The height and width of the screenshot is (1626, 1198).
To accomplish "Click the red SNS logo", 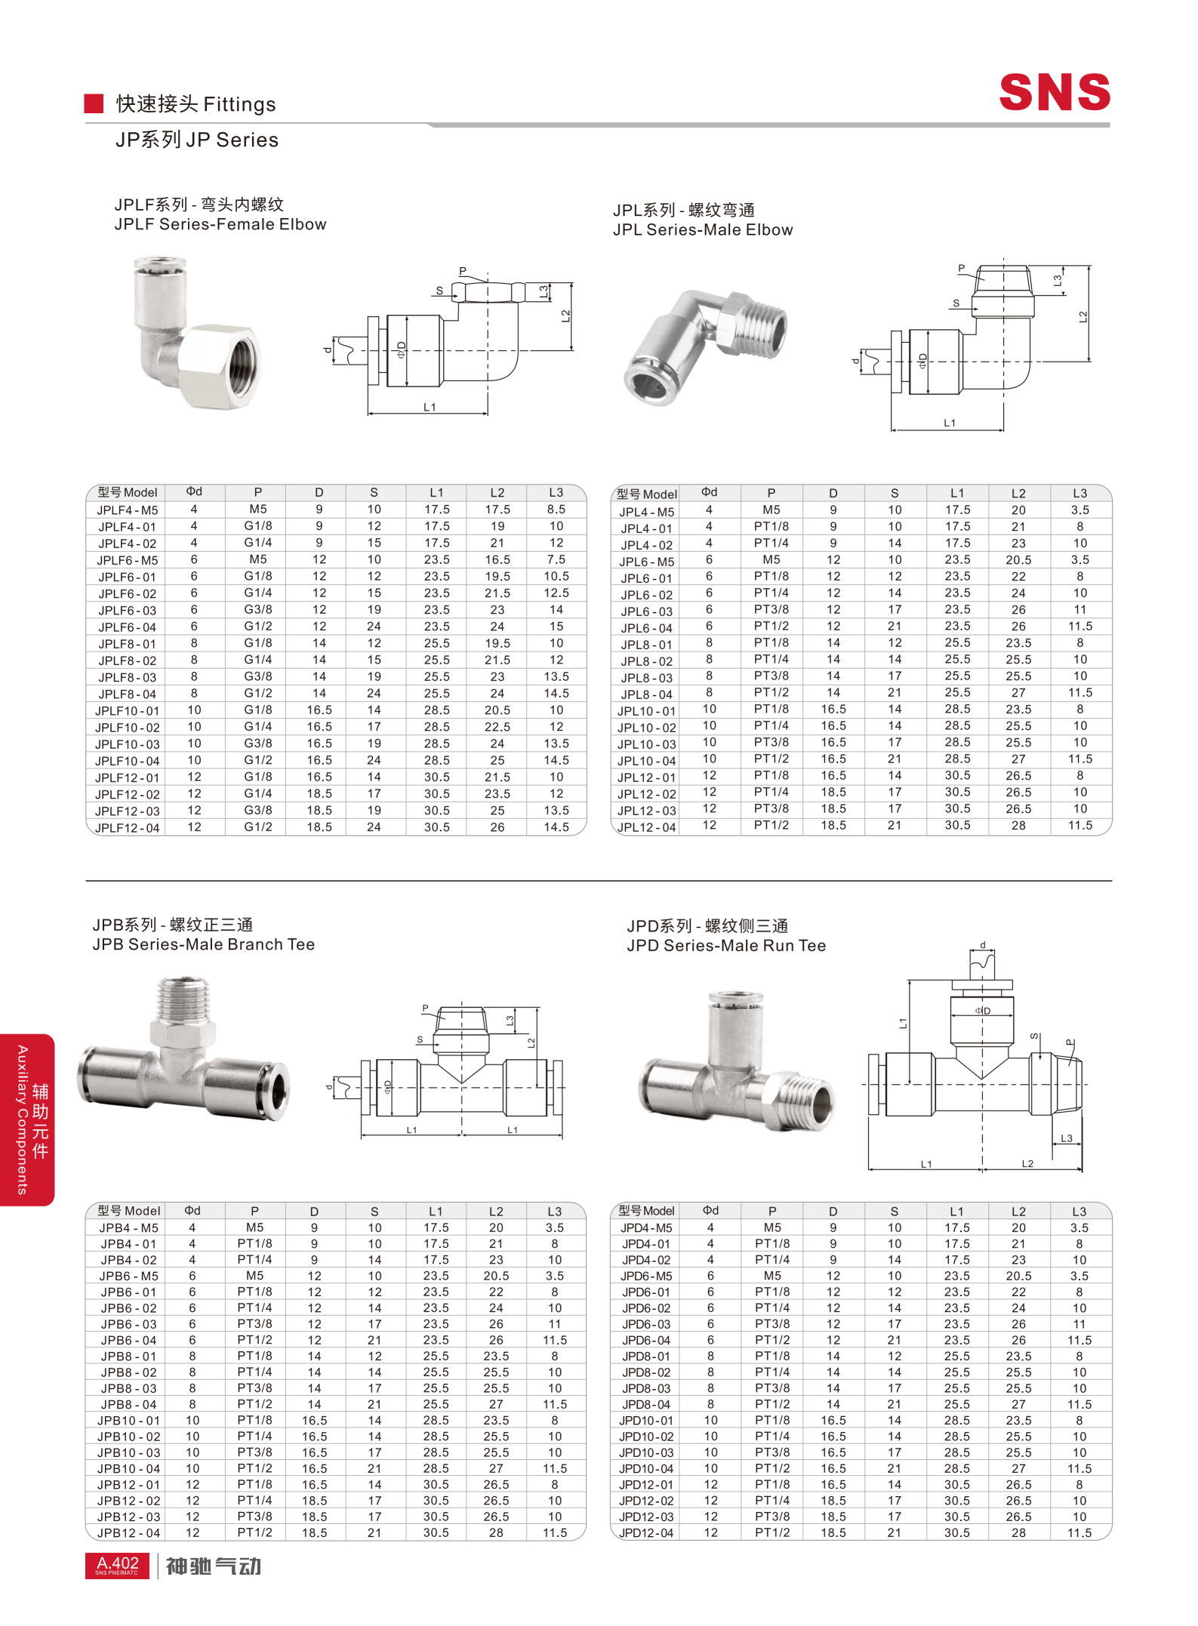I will click(x=1054, y=92).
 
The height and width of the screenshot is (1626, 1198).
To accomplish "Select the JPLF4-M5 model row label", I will click(x=127, y=510).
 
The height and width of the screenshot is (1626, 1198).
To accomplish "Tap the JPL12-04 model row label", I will click(x=646, y=827).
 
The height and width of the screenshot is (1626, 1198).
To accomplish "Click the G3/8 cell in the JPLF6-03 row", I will click(x=258, y=610).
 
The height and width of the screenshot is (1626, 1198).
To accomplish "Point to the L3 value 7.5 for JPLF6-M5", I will click(x=556, y=560).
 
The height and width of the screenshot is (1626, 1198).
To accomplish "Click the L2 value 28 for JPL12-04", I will click(x=1018, y=826).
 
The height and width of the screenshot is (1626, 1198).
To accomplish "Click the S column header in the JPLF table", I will click(x=374, y=492).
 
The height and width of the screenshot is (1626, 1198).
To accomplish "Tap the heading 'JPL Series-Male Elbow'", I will click(x=703, y=230).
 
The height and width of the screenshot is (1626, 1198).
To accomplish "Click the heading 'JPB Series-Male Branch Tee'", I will click(x=203, y=945).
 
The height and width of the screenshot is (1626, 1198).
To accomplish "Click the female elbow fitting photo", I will click(x=196, y=332).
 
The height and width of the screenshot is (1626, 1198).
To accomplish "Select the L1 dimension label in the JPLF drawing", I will click(x=430, y=408).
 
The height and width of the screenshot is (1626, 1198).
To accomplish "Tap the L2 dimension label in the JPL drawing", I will click(x=1083, y=316).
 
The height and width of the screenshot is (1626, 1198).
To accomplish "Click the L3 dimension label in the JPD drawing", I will click(x=1067, y=1138).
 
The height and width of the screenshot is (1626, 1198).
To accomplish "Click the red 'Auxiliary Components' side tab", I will click(x=27, y=1119).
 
